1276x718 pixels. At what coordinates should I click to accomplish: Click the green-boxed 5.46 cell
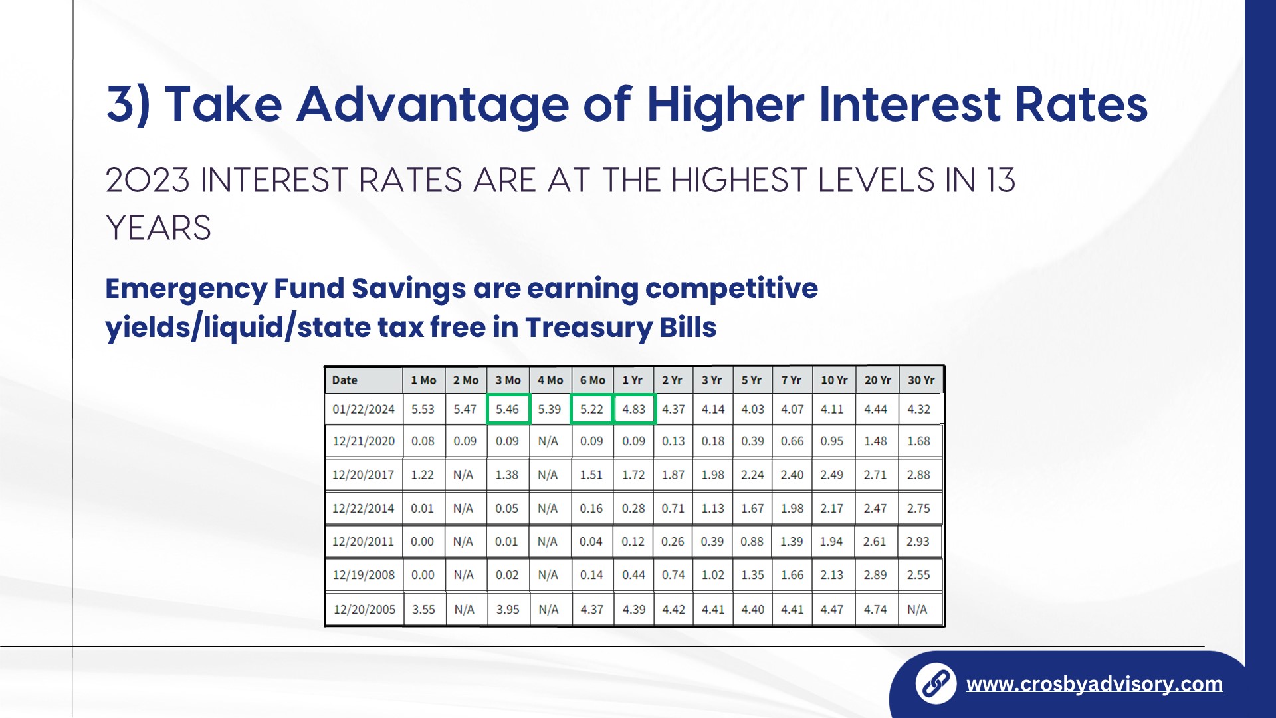508,409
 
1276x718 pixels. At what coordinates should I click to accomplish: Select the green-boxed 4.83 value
634,409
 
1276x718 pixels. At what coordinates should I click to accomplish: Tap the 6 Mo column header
592,380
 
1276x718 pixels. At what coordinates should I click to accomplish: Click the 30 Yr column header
921,380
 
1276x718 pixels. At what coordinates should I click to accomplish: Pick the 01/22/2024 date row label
364,409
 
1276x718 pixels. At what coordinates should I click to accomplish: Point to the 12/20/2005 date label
364,609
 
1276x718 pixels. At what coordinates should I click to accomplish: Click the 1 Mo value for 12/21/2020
423,441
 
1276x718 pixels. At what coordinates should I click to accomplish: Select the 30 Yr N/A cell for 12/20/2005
917,609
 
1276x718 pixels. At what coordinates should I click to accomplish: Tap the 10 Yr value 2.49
831,475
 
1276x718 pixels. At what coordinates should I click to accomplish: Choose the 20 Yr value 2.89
875,574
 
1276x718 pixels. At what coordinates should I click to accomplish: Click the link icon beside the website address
936,683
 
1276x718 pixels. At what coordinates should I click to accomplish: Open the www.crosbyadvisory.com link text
1095,684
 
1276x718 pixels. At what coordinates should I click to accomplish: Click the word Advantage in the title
433,104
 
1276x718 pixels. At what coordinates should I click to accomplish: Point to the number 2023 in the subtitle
148,180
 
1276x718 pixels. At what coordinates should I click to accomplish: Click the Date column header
345,380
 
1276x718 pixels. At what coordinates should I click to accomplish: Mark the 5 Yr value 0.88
752,541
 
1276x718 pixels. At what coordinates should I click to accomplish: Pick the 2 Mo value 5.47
465,409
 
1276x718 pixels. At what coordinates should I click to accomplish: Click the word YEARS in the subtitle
158,228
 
